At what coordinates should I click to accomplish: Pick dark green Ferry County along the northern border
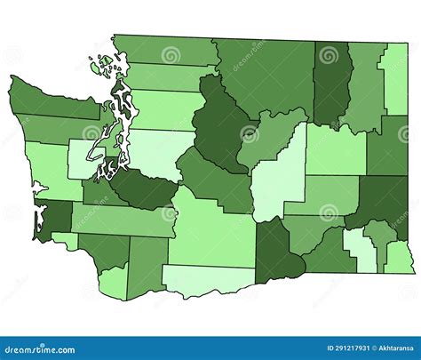tap(331, 84)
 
